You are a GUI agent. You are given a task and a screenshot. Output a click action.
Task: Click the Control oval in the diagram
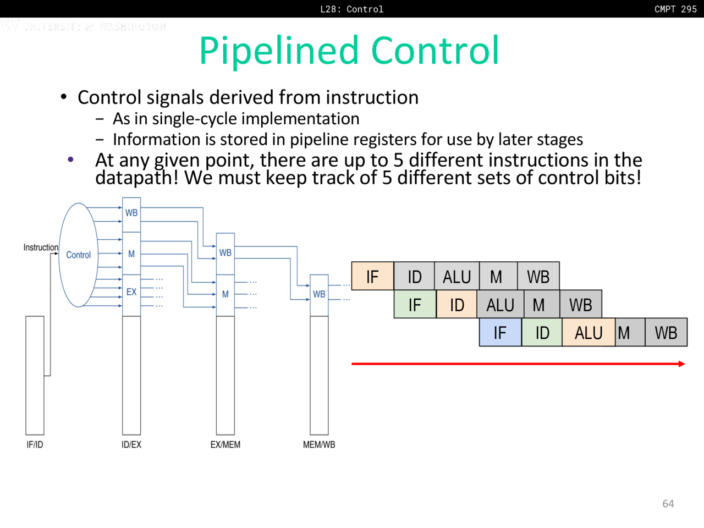[79, 255]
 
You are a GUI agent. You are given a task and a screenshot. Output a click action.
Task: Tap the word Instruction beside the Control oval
[41, 248]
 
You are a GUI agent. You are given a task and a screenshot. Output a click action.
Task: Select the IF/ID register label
[35, 444]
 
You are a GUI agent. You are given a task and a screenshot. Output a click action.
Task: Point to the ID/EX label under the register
[131, 444]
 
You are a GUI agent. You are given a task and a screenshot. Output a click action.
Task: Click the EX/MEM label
[226, 444]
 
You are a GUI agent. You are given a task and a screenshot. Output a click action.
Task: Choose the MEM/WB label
[319, 444]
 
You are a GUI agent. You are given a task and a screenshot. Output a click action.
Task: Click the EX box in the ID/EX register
[131, 292]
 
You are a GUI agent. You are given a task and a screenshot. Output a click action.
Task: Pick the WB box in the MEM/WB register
[319, 294]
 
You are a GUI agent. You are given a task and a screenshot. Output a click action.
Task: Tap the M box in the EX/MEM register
[226, 294]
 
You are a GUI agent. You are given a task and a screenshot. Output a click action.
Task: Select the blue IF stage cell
[500, 333]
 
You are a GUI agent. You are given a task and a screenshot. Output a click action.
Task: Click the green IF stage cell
[415, 305]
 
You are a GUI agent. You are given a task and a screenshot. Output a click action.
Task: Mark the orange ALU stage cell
[588, 333]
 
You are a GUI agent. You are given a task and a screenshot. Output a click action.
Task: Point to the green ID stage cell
[542, 333]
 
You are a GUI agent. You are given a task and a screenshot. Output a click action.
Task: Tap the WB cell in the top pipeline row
[538, 277]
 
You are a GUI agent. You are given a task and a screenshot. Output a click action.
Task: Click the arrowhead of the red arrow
[682, 364]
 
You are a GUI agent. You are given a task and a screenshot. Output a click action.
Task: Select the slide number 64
[668, 504]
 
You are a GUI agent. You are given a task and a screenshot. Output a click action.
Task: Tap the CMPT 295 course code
[675, 9]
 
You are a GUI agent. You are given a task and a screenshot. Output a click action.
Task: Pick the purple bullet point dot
[70, 159]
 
